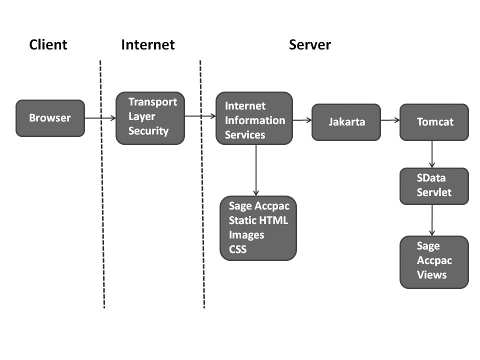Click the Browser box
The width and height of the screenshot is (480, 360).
coord(50,118)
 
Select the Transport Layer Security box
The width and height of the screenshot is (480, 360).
coord(150,118)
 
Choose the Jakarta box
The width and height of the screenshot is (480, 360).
coord(346,122)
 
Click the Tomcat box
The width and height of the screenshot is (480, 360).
coord(434,122)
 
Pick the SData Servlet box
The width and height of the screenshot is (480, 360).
coord(434,186)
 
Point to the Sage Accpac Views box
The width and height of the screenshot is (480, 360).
coord(434,262)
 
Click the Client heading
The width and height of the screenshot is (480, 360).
coord(48,45)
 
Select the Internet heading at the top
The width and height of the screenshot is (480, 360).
coord(148,45)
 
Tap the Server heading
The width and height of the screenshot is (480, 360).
coord(309,45)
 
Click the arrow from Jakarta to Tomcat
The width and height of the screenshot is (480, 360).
coord(390,120)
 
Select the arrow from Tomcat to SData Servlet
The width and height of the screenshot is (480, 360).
coord(432,154)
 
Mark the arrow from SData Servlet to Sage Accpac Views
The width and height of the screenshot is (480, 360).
coord(432,220)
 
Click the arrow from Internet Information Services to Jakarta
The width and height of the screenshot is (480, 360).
coord(302,120)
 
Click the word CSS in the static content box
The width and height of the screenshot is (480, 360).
coord(237,248)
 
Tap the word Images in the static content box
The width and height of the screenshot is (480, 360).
coord(246,234)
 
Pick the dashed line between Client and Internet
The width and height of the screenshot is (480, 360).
coord(102,200)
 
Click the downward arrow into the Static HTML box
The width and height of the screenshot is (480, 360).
coord(256,170)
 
